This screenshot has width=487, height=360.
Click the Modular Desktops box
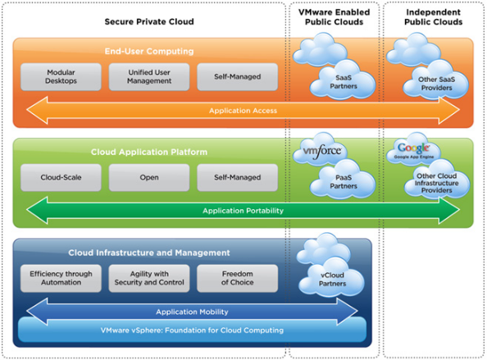point(61,77)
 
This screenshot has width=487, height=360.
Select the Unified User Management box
point(149,77)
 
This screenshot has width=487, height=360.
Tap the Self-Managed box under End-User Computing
point(237,77)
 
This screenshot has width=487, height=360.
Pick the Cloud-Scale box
point(61,177)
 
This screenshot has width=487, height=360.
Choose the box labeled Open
point(149,177)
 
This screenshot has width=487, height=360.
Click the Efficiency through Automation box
point(61,278)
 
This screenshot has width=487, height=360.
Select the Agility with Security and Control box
point(149,278)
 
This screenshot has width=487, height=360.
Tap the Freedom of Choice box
point(237,278)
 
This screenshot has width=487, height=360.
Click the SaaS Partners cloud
point(343,82)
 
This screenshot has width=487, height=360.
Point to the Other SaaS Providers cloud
point(436,83)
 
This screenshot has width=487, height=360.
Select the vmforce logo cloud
point(321,150)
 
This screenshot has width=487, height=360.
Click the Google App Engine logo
point(413,150)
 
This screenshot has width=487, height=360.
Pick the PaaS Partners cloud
point(343,182)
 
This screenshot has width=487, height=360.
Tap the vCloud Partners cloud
point(332,279)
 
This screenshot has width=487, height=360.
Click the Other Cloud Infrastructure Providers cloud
point(437,182)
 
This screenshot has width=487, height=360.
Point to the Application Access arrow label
point(243,111)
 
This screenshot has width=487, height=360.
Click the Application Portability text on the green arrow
point(243,211)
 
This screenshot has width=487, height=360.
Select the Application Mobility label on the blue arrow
point(192,312)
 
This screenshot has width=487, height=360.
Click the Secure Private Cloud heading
point(149,21)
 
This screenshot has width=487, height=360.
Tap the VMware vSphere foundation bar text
point(192,330)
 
